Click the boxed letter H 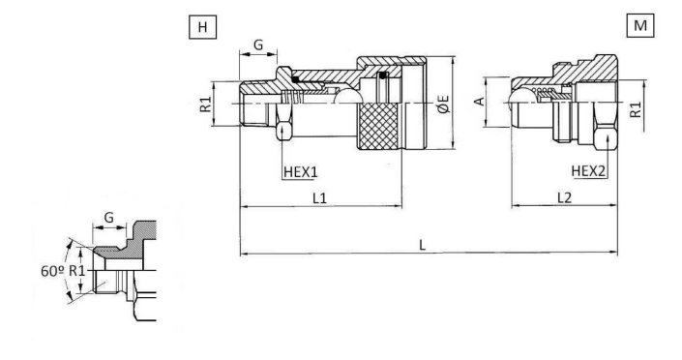(x=203, y=27)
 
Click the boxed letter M (x=640, y=26)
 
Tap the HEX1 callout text (x=301, y=172)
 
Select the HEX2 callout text (x=588, y=171)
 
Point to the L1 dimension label (x=319, y=198)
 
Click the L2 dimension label (x=564, y=198)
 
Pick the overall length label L (x=422, y=245)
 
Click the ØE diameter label (x=444, y=105)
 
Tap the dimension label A (x=479, y=102)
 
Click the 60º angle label (x=52, y=271)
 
